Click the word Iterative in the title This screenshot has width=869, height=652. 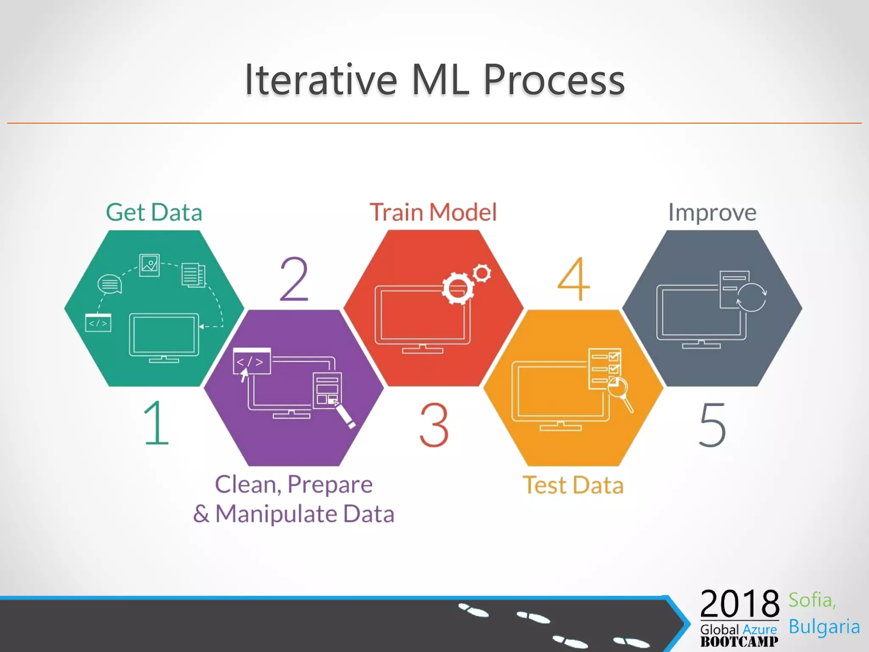(x=321, y=79)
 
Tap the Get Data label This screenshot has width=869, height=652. (x=154, y=212)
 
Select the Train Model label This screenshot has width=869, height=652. (x=433, y=212)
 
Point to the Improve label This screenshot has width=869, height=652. (x=712, y=212)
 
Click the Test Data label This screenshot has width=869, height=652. (x=573, y=485)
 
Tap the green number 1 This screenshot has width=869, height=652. (x=156, y=423)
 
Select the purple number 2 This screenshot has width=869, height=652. (x=294, y=279)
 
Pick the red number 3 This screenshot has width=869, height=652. (x=434, y=425)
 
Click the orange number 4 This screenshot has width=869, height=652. (x=574, y=279)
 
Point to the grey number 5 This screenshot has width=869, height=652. (x=712, y=425)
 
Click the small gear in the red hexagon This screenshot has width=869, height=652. (x=482, y=273)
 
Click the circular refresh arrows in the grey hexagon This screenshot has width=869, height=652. (x=751, y=297)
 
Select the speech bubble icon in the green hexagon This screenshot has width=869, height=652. (x=109, y=284)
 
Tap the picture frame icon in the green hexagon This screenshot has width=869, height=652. (x=149, y=265)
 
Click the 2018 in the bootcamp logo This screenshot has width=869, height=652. (x=739, y=604)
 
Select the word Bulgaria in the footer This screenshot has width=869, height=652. (x=824, y=627)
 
